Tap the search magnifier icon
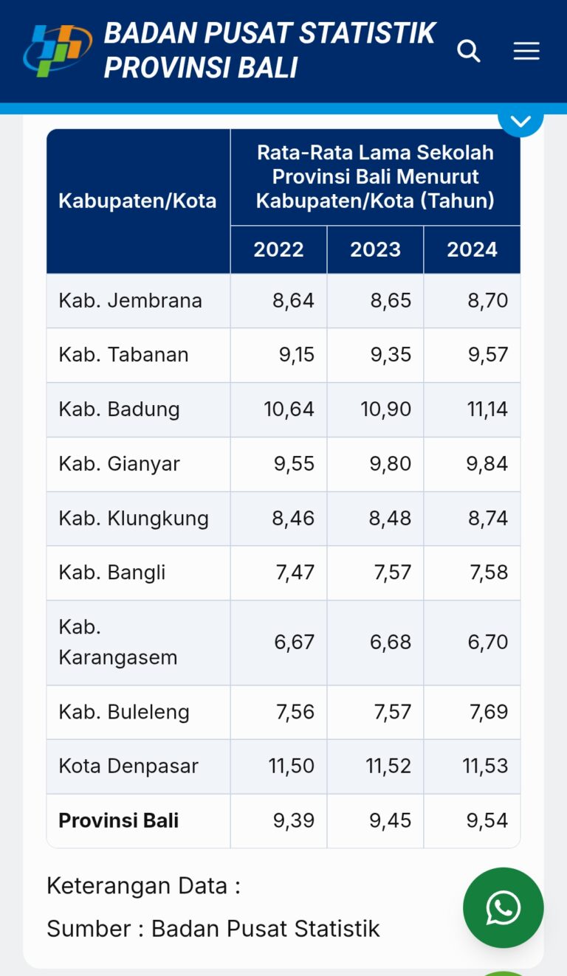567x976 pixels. (x=469, y=51)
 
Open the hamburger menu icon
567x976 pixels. (x=526, y=51)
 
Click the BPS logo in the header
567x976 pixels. (x=57, y=50)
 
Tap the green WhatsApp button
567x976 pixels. (x=504, y=907)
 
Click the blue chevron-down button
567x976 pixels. (x=520, y=120)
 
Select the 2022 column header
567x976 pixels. (x=278, y=249)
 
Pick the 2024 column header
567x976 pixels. (x=472, y=249)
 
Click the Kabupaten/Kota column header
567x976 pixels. (x=137, y=201)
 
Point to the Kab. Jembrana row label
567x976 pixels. (x=130, y=300)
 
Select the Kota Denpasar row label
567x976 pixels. (x=128, y=766)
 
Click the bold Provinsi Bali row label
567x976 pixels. (x=118, y=820)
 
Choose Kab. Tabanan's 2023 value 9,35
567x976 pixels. (x=391, y=355)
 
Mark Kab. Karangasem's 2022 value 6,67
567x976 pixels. (x=294, y=642)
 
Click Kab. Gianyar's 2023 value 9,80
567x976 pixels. (x=391, y=464)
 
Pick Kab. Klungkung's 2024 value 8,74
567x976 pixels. (x=487, y=518)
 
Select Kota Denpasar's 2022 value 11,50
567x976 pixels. (x=291, y=766)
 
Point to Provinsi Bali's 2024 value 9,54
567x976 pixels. (x=487, y=820)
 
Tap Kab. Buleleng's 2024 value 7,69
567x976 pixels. (x=487, y=712)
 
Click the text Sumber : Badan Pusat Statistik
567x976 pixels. (x=213, y=928)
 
